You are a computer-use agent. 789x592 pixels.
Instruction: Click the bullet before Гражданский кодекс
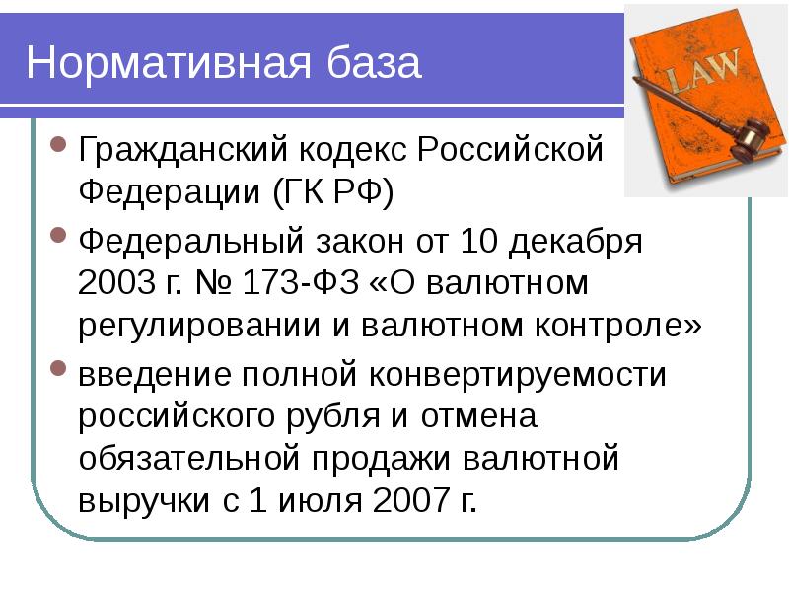(x=59, y=151)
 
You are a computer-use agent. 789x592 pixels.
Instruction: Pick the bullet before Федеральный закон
(x=59, y=240)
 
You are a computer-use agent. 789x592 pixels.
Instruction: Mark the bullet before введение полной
(x=59, y=373)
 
